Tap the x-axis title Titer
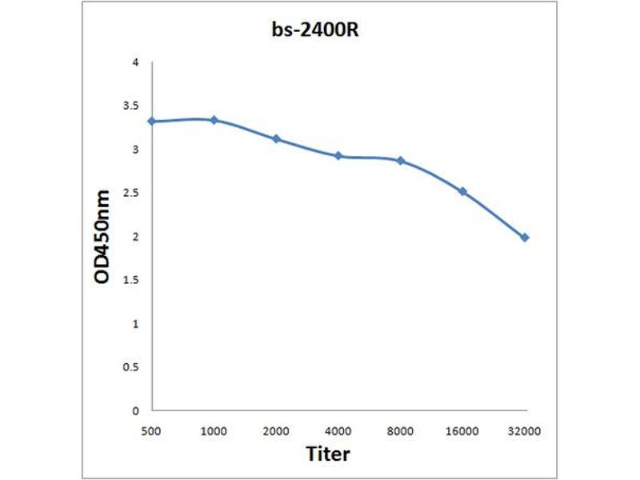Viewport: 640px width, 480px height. tap(328, 454)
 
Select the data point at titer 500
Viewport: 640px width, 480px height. tap(151, 121)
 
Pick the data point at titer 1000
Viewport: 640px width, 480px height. tap(214, 120)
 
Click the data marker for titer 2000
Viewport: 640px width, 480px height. tap(276, 138)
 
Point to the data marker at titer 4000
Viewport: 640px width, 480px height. tap(338, 155)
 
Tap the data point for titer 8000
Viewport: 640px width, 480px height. tap(401, 161)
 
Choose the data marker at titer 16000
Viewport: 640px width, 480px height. tap(463, 191)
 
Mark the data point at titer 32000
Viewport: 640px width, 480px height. tap(525, 238)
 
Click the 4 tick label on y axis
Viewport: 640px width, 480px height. tap(136, 62)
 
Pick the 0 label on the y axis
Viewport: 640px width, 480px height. tap(136, 410)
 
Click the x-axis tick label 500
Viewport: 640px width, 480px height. tap(151, 431)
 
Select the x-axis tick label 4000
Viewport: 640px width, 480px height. tap(338, 431)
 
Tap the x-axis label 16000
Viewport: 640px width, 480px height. tap(463, 431)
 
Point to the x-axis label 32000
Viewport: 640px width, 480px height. tap(525, 431)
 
